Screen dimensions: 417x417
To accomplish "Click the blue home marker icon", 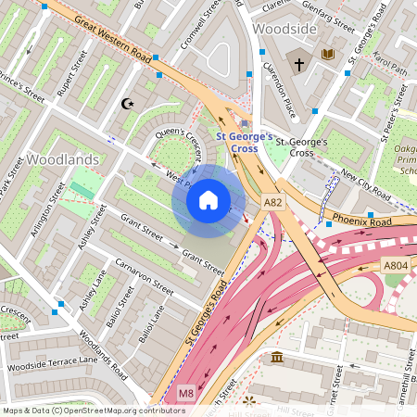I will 208,200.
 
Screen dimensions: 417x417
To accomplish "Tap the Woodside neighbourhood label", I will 285,30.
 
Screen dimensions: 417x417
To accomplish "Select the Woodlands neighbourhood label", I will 62,159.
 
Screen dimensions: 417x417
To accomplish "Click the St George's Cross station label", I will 245,142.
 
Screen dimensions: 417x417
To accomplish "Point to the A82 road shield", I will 272,201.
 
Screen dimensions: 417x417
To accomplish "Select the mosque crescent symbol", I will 128,104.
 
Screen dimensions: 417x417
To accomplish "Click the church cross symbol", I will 298,65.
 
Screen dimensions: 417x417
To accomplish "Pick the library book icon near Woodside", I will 327,55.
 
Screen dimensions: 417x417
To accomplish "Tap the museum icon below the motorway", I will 277,357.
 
